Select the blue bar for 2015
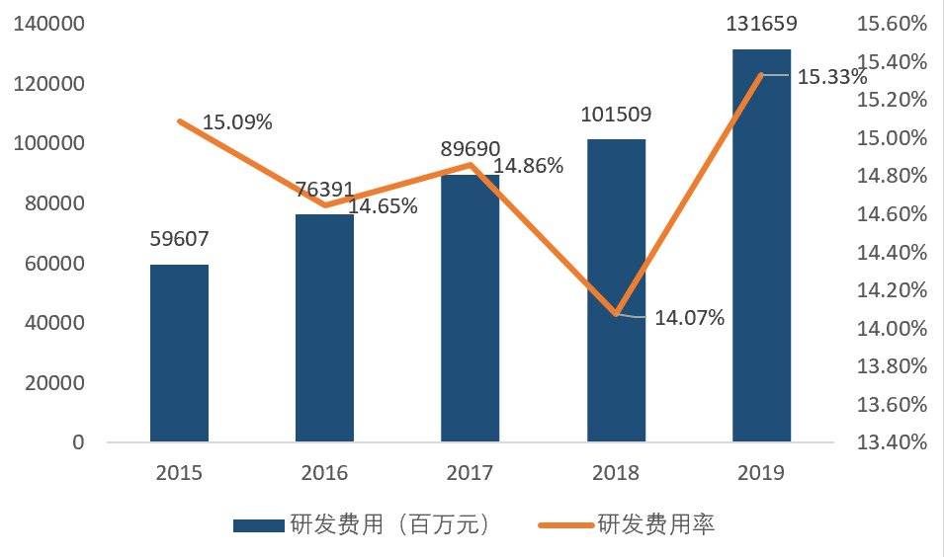coord(179,353)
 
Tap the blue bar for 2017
coord(471,308)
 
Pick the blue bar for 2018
coord(616,290)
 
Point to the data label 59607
coord(180,238)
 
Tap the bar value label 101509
coord(616,114)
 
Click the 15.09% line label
coord(237,122)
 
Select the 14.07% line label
coord(690,318)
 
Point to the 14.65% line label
coord(383,206)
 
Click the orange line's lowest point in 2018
coord(616,314)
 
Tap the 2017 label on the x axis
coord(471,472)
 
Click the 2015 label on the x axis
coord(179,472)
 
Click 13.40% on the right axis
coord(893,442)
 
